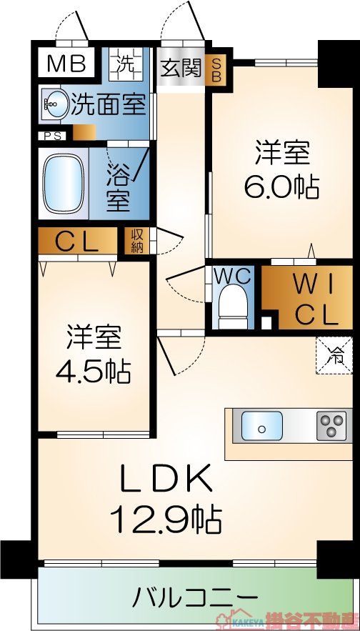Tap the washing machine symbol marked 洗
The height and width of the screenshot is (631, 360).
click(x=126, y=64)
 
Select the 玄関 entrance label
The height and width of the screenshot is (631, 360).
click(x=180, y=69)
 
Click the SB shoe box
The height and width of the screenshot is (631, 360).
click(x=214, y=70)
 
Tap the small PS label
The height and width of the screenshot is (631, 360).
click(x=52, y=134)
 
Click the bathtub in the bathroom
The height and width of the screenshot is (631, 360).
click(x=64, y=184)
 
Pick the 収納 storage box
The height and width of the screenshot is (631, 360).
click(x=135, y=242)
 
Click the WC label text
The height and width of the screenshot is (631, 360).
click(x=232, y=276)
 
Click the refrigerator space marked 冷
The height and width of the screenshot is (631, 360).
click(x=335, y=353)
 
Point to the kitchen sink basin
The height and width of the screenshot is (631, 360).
click(x=261, y=427)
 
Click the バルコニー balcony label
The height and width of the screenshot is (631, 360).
click(x=194, y=596)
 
